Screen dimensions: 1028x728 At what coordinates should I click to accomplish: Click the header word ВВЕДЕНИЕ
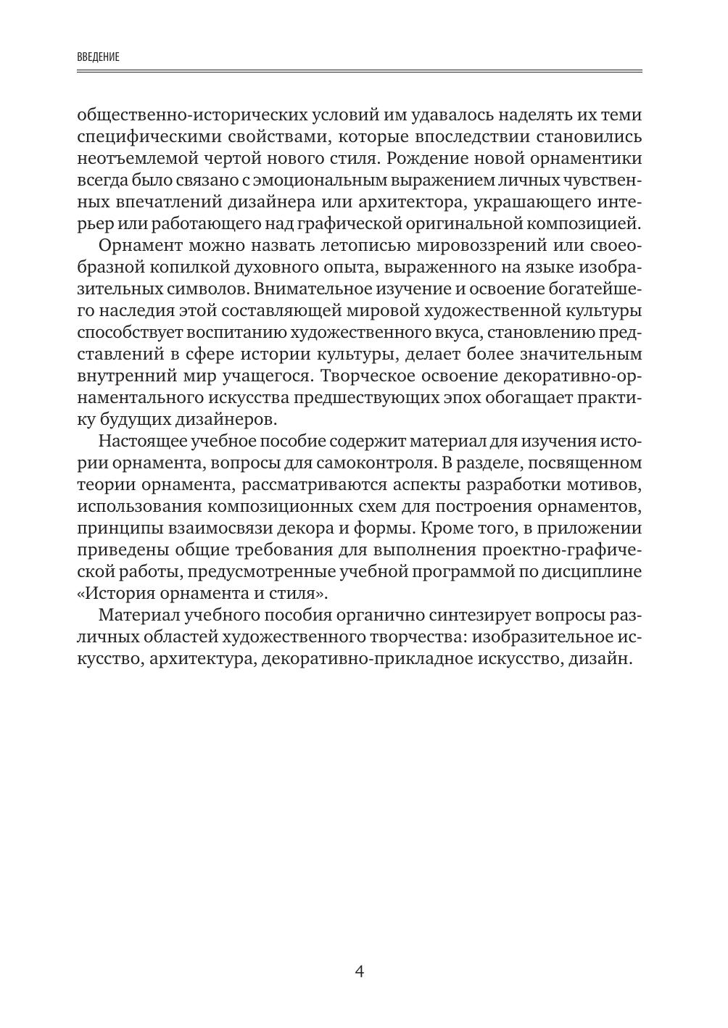(98, 57)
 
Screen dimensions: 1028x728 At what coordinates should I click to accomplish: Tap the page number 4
(360, 971)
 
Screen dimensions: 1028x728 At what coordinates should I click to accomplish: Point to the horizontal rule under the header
(360, 71)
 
